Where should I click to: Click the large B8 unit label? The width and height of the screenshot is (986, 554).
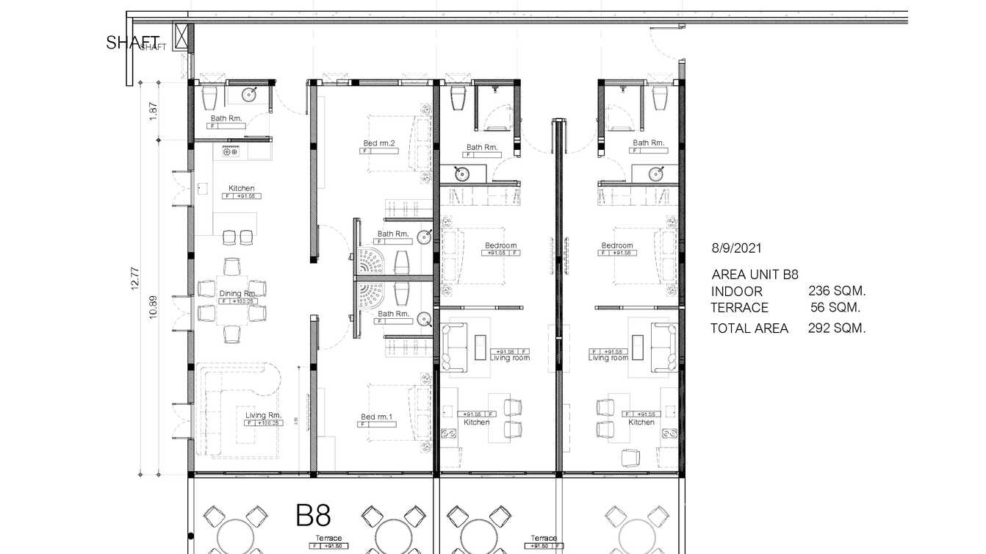tap(313, 516)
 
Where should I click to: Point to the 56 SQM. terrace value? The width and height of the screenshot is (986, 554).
tap(835, 308)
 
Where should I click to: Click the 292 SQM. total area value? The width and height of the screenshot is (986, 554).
tap(837, 328)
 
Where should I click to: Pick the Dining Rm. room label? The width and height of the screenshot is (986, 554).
tap(237, 294)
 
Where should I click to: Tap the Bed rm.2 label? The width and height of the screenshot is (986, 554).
tap(379, 143)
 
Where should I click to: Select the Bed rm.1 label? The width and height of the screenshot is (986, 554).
tap(376, 417)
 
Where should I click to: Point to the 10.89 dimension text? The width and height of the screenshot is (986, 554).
tap(153, 305)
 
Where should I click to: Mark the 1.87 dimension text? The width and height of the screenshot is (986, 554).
tap(153, 111)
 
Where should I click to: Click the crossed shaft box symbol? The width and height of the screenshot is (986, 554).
tap(181, 37)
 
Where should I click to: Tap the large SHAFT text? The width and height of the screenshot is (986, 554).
tap(132, 43)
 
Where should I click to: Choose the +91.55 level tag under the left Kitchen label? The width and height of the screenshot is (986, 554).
tap(248, 196)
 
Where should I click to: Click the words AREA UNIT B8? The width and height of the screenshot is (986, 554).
tap(755, 275)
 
